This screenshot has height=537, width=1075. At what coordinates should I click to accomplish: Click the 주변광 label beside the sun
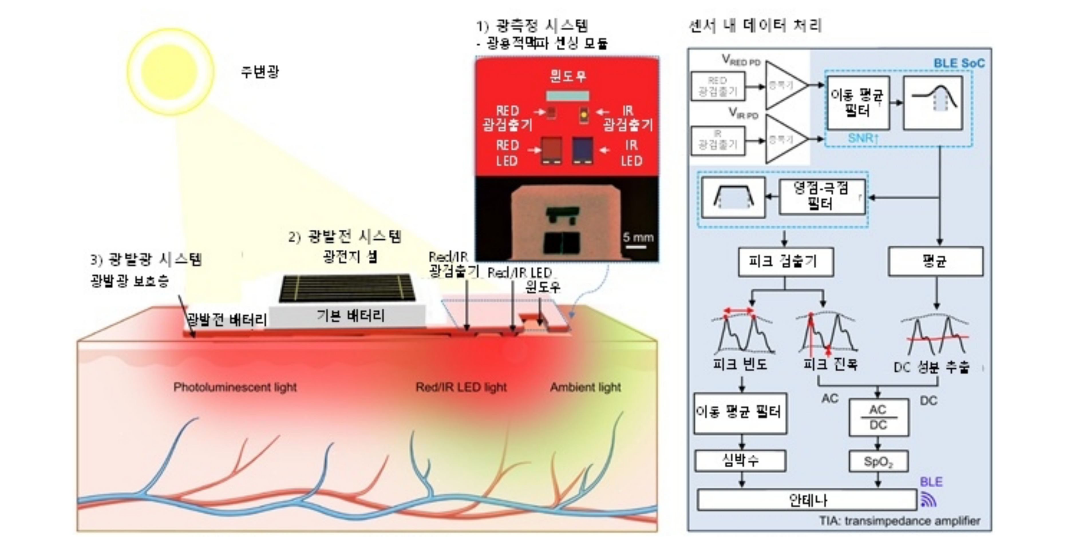[260, 72]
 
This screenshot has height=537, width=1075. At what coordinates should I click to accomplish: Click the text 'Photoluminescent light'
[235, 387]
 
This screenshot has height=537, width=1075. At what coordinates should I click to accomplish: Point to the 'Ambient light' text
[585, 387]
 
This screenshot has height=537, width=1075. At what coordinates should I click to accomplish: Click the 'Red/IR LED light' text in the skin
[461, 387]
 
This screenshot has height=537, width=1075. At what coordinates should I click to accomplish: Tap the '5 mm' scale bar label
[638, 238]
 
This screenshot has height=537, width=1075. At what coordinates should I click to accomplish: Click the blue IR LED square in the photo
[582, 150]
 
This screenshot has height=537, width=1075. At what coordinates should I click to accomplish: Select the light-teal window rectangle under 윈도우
[568, 96]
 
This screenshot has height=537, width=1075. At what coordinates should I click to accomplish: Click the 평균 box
[935, 261]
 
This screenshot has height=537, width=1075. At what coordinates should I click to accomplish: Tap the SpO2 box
[878, 462]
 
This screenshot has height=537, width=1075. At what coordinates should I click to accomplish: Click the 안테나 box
[807, 500]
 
